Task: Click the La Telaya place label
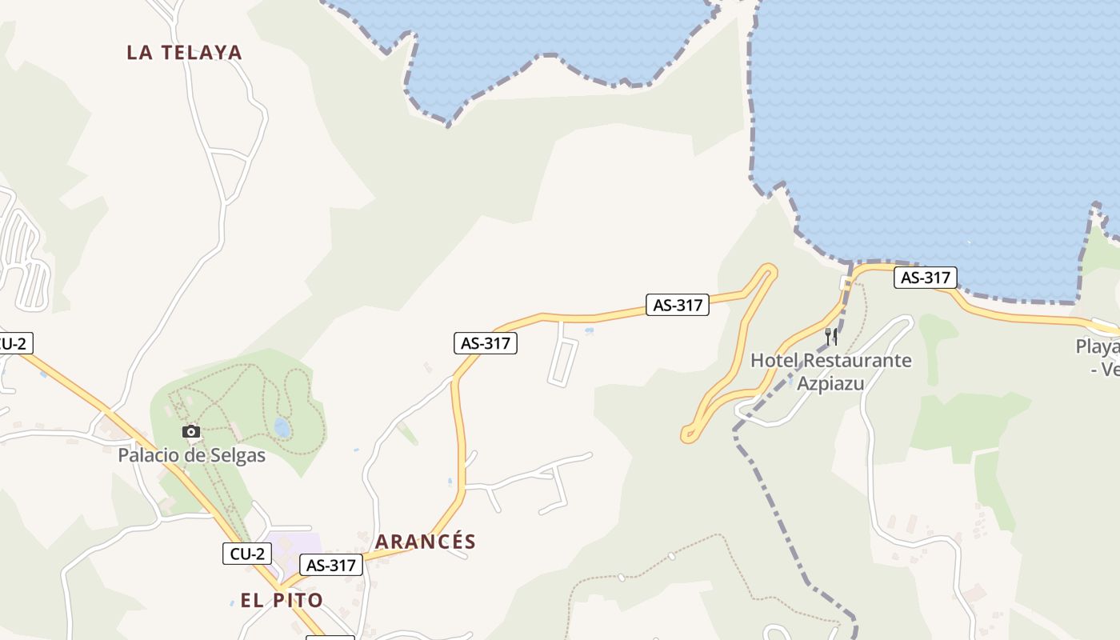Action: [184, 53]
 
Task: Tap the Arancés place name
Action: [425, 542]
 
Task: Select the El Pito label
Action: [282, 600]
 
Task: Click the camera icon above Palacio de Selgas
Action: [190, 432]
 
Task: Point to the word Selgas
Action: [237, 455]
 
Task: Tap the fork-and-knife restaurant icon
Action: [831, 336]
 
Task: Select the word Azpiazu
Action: [830, 383]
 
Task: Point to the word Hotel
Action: [774, 361]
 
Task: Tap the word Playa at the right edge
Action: [1098, 347]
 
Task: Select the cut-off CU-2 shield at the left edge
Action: [14, 343]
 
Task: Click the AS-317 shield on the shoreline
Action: [925, 278]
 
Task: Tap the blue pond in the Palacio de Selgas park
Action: [282, 427]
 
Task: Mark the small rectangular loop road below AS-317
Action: [563, 362]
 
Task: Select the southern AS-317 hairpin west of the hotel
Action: [688, 435]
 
